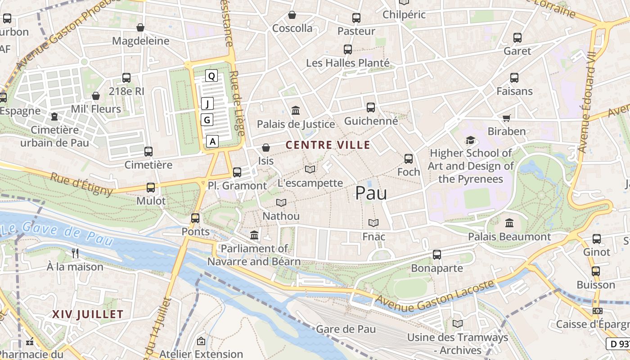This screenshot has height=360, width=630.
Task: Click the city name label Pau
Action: [x=371, y=193]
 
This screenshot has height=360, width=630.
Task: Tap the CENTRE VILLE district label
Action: [x=328, y=145]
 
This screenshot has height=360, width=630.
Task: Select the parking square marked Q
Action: [x=211, y=76]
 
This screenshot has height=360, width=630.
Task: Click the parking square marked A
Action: [x=213, y=141]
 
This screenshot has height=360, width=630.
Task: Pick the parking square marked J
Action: [x=207, y=104]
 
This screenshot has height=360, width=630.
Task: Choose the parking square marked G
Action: [x=207, y=120]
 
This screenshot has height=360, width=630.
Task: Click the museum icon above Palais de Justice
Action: [x=296, y=110]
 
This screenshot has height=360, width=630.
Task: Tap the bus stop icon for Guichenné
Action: [x=371, y=108]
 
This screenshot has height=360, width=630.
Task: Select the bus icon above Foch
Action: [x=409, y=159]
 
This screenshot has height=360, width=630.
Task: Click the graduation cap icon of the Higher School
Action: [x=470, y=140]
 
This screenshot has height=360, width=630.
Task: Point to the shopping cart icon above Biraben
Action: [x=507, y=118]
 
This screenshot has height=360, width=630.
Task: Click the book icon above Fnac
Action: [x=373, y=223]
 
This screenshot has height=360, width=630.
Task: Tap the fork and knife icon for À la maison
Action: [x=75, y=253]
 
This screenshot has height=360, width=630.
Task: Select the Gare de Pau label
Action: [x=346, y=329]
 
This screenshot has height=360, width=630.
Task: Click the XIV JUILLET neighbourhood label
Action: [x=87, y=314]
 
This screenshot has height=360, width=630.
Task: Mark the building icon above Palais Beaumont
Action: [x=509, y=223]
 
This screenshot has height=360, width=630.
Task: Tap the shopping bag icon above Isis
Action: [x=266, y=147]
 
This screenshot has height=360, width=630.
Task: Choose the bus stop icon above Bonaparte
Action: [x=436, y=255]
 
